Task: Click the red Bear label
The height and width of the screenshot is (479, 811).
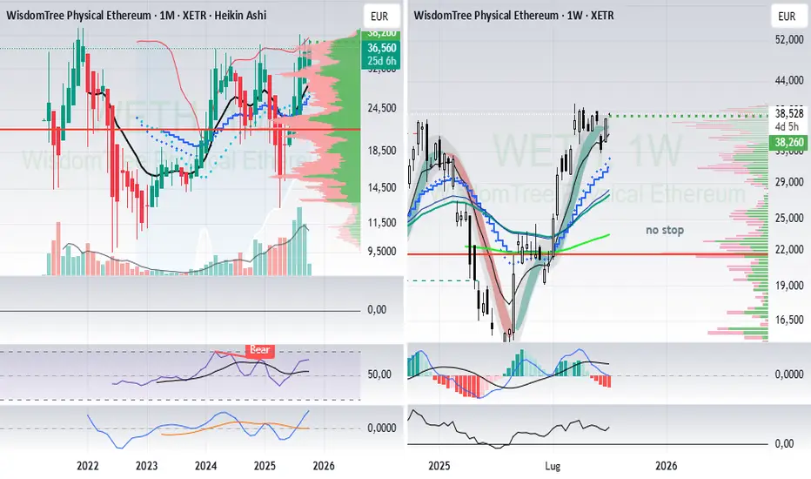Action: point(261,350)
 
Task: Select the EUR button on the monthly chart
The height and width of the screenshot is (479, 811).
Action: point(379,16)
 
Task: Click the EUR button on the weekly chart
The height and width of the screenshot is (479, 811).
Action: point(786,16)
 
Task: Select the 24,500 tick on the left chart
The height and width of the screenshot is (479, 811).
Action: point(383,108)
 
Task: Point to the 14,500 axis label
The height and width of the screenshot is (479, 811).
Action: point(383,187)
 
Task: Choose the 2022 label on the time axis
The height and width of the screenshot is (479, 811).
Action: point(87,465)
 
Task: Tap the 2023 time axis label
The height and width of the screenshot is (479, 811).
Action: point(147,465)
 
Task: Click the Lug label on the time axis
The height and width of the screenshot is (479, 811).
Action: point(552,465)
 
